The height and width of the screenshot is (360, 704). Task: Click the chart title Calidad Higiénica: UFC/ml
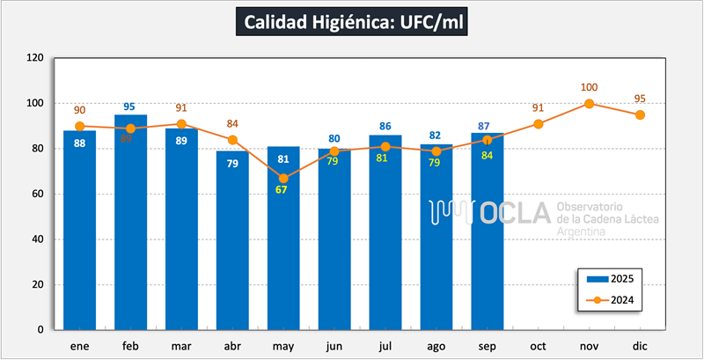351,22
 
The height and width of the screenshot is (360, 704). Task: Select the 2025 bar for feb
130,229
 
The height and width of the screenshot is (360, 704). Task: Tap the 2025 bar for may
283,255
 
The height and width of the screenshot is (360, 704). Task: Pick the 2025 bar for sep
487,238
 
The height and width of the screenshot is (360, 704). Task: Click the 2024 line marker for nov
589,103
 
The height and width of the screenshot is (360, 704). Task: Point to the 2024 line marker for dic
640,114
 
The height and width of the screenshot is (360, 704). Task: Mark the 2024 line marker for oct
538,123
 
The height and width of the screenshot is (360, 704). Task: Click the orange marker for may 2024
283,178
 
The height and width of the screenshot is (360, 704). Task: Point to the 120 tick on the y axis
35,58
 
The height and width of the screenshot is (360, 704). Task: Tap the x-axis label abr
232,347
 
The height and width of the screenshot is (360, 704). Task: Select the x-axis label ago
436,347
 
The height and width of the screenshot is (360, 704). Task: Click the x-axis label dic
640,347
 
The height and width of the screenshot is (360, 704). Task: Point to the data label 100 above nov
589,87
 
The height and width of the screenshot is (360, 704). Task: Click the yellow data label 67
283,191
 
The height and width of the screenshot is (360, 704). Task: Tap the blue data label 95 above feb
130,107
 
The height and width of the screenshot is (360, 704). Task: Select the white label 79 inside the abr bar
232,164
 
